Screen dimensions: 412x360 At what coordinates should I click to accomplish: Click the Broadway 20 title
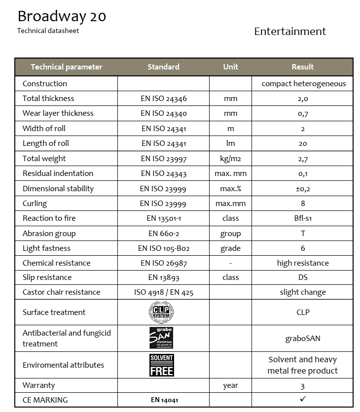click(62, 16)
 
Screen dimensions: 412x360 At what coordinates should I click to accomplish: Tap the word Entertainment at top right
click(290, 32)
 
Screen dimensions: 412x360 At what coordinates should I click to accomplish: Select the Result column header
click(302, 67)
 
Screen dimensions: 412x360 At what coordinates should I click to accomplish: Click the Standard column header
click(163, 67)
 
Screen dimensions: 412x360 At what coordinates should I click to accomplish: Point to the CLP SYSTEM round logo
click(161, 312)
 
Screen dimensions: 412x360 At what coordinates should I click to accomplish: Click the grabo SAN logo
click(161, 338)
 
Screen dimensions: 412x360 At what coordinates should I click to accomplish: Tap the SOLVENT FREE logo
click(161, 365)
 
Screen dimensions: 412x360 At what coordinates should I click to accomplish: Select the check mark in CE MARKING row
click(303, 399)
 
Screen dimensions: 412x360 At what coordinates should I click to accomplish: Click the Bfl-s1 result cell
click(303, 218)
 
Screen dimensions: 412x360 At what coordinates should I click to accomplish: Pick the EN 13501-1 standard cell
click(163, 218)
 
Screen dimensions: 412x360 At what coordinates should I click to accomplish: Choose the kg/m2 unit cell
click(230, 159)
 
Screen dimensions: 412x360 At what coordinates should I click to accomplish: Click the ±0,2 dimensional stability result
click(303, 189)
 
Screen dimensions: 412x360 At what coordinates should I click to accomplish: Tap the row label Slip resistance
click(47, 277)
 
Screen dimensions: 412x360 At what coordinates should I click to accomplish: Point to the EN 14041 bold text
click(163, 400)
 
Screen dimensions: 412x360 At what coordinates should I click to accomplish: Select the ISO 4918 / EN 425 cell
click(163, 292)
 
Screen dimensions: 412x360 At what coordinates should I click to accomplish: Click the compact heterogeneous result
click(303, 84)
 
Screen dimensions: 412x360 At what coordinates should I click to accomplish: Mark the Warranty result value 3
click(303, 386)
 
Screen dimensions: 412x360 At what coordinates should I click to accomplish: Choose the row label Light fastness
click(46, 248)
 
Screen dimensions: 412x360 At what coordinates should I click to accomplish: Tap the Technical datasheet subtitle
click(48, 31)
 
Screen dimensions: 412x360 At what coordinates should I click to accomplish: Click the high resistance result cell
click(303, 263)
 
